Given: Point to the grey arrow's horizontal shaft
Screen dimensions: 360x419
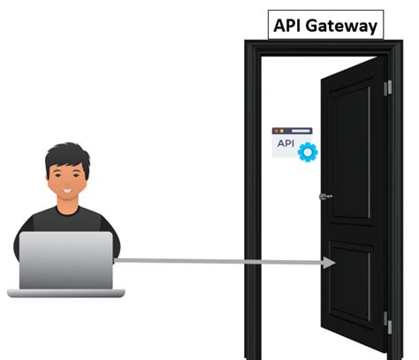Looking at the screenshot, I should tap(221, 261).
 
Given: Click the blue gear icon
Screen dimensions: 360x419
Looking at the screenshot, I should tap(308, 151).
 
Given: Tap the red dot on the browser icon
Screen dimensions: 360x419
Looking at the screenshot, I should tap(277, 130).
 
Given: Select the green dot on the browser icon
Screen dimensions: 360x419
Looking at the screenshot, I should tap(288, 130).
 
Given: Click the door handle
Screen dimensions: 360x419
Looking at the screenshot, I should tap(325, 195).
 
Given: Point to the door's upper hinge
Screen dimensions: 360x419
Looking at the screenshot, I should tap(387, 88).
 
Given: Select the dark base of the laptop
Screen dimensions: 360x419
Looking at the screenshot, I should tap(66, 292).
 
